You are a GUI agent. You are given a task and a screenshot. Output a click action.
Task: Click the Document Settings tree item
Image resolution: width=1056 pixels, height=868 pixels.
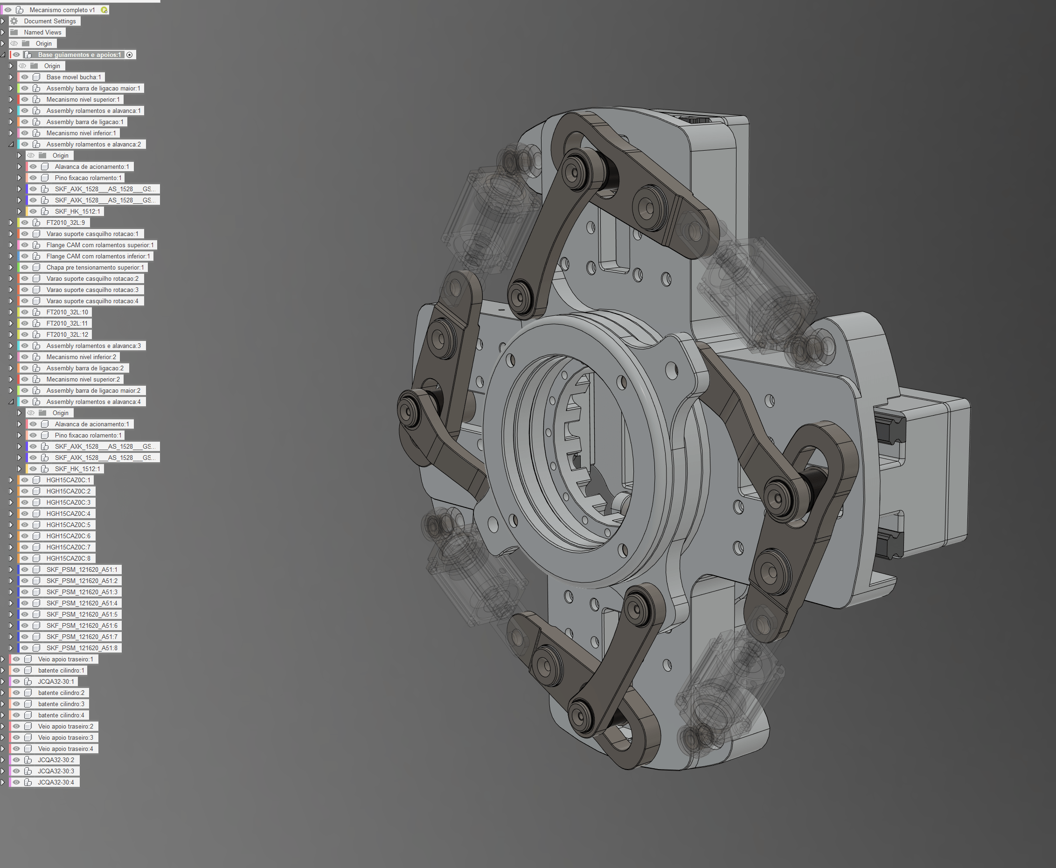pos(49,21)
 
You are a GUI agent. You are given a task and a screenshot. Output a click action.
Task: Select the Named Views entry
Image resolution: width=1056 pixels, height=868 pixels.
pos(42,33)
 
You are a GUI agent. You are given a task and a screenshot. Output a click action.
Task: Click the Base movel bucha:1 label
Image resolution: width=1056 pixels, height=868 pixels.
pos(74,77)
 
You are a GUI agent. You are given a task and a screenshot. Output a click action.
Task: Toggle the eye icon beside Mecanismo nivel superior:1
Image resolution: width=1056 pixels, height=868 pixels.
pos(25,99)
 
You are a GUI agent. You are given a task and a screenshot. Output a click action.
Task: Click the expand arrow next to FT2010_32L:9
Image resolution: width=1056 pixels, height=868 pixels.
pos(11,222)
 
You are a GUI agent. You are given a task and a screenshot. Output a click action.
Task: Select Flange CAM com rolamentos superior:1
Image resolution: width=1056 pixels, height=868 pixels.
pos(100,245)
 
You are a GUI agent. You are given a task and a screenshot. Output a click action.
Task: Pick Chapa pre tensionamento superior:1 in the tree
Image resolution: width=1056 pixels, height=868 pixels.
pos(95,268)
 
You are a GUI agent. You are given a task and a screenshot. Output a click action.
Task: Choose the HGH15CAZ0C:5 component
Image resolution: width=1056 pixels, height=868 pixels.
pos(69,525)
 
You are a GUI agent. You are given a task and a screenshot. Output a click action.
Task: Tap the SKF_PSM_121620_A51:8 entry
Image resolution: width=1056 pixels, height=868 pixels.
pos(82,648)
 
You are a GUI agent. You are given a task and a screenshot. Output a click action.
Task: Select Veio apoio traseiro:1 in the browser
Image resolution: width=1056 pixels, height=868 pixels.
pos(65,659)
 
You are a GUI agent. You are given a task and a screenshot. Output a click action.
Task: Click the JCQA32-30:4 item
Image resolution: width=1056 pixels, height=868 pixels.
pos(56,783)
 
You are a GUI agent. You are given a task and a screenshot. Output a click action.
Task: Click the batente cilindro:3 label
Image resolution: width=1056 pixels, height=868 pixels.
pos(61,704)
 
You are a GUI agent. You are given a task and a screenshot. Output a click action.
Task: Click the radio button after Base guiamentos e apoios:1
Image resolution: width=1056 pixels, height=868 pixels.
pos(130,55)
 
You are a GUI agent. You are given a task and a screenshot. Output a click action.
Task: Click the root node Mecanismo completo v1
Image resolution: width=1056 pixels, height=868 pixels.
pos(62,10)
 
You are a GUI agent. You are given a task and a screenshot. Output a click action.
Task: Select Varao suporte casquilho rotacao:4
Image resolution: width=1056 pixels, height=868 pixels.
pos(92,301)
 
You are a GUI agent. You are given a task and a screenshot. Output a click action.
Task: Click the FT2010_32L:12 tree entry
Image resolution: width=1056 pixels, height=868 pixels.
pos(67,334)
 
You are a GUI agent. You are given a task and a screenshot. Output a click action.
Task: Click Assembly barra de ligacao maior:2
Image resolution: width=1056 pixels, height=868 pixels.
pos(93,390)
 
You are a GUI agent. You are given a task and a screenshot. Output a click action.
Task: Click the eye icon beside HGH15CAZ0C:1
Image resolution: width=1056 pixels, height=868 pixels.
pos(25,480)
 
